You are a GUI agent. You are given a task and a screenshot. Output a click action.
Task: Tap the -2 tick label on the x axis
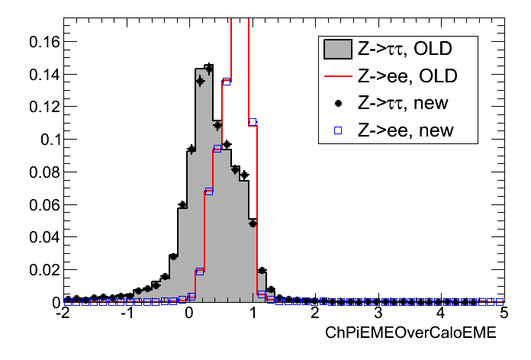63,314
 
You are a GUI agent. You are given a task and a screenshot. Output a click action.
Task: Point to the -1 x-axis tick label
127,314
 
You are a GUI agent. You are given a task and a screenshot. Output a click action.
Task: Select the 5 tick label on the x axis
503,314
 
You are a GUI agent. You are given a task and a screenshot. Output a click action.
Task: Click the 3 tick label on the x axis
378,314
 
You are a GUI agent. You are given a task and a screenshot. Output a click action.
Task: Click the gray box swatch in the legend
337,50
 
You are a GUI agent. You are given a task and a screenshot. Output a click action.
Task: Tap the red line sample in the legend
337,77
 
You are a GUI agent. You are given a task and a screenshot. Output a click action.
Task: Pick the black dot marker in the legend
337,104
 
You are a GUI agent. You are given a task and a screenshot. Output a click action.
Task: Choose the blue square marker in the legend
337,130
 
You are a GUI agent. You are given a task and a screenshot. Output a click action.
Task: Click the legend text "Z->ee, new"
405,130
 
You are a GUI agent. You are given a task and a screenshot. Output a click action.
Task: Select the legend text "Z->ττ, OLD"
405,50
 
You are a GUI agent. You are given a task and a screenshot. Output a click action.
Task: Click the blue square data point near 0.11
253,122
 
